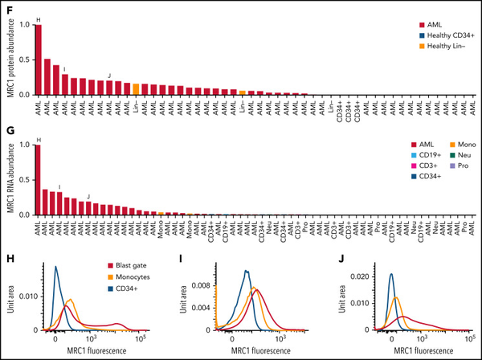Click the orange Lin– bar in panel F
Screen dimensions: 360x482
pyautogui.click(x=137, y=89)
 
